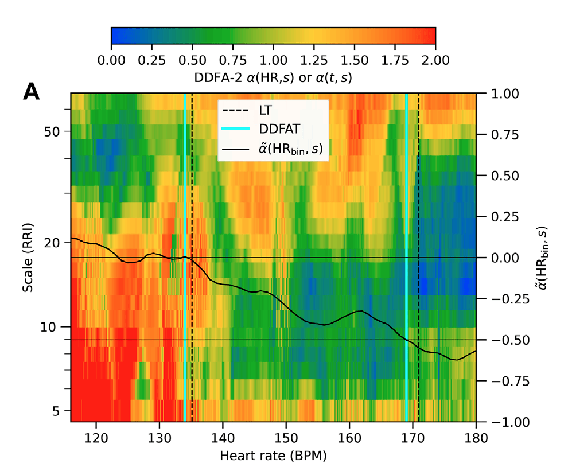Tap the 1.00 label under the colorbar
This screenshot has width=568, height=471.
tap(273, 59)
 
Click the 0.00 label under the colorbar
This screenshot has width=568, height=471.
tap(111, 59)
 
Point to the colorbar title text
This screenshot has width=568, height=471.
tap(273, 76)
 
